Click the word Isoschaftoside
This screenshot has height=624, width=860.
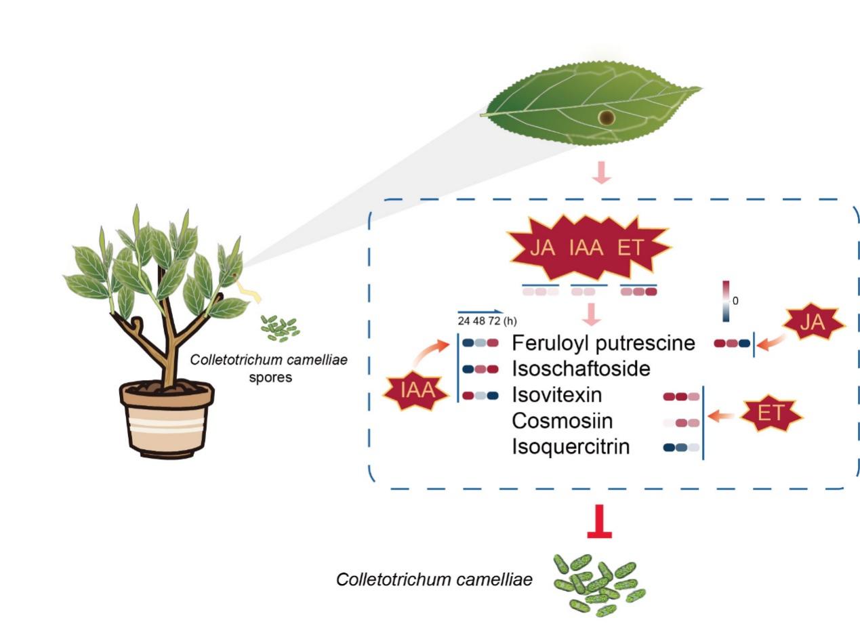coord(581,369)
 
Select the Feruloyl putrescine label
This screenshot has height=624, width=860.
coord(603,343)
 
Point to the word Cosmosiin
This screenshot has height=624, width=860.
coord(562,421)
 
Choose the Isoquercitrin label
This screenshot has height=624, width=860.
coord(571,447)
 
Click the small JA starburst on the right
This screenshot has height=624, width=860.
coord(813,325)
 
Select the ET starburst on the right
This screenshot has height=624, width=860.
coord(771,413)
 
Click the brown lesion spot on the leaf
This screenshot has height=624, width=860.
coord(607,118)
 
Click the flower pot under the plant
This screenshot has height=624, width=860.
coord(167,418)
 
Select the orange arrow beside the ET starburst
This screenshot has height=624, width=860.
coord(723,415)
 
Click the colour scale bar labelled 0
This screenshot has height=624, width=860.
coord(726,300)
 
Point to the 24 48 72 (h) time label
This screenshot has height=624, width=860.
coord(487,320)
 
